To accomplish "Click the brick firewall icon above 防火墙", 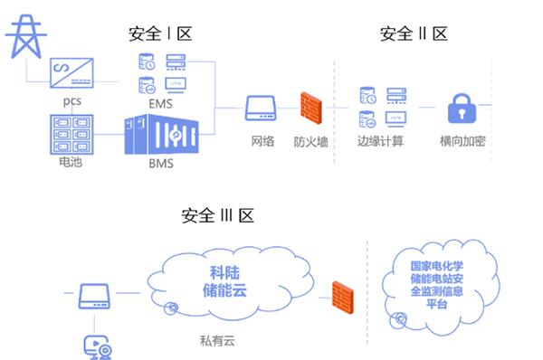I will [310, 109].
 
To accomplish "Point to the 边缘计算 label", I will [380, 142].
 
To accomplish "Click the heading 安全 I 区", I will [161, 34].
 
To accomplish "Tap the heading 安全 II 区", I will [414, 34].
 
